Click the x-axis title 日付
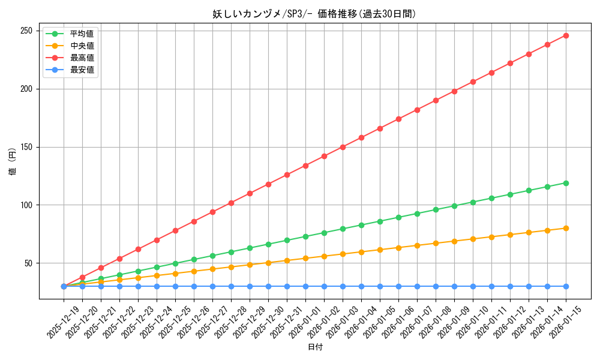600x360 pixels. tap(315, 347)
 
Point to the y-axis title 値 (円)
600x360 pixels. tap(13, 162)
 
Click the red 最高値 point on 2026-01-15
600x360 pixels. tap(566, 35)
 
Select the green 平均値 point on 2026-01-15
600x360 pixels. tap(566, 183)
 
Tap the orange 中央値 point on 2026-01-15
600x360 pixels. tap(566, 228)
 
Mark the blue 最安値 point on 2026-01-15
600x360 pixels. tap(566, 286)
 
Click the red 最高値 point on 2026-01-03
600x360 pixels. tap(343, 147)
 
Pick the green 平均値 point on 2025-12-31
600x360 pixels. tap(287, 240)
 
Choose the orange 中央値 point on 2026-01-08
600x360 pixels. tap(436, 243)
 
